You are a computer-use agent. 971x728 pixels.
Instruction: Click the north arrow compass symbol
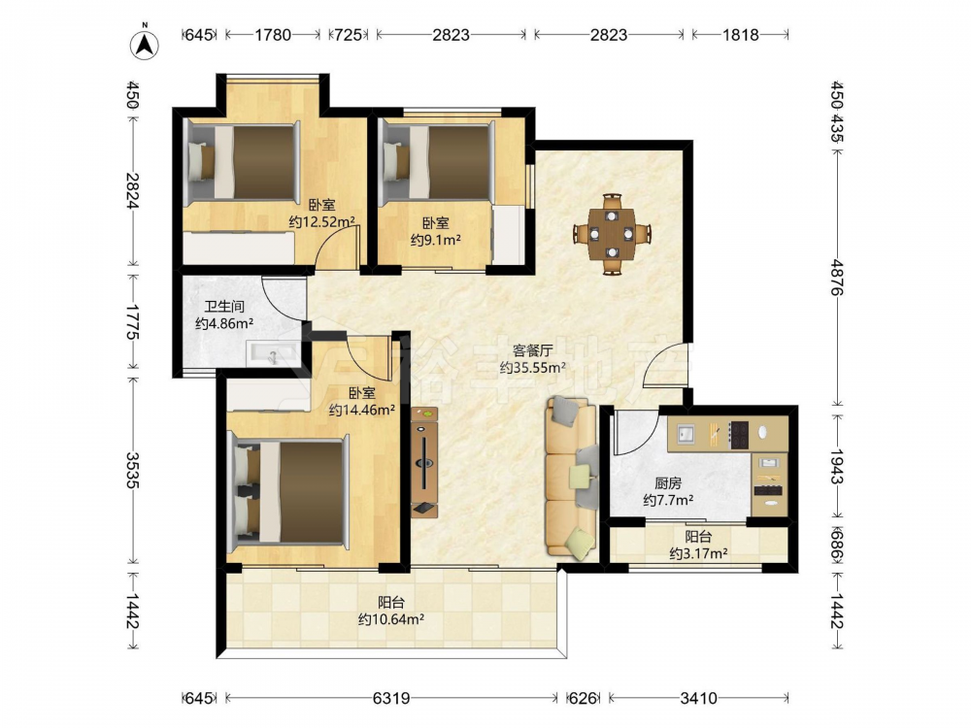pos(145,45)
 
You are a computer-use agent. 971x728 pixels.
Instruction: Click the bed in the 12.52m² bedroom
pos(243,162)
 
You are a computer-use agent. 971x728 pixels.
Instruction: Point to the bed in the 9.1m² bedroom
pos(437,162)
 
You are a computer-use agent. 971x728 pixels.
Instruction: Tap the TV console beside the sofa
pos(425,462)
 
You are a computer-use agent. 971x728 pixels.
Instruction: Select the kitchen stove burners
pos(740,434)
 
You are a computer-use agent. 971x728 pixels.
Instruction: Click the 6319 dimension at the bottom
pos(391,698)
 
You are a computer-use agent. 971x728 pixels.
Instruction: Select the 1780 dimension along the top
pos(273,35)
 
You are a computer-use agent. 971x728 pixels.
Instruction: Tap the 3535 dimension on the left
pos(132,470)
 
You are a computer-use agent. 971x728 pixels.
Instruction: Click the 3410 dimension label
pos(698,698)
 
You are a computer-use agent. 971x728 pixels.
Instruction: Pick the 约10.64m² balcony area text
pos(391,618)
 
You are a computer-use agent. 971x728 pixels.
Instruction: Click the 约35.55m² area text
pos(533,368)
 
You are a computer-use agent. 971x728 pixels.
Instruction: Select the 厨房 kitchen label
pos(668,484)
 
